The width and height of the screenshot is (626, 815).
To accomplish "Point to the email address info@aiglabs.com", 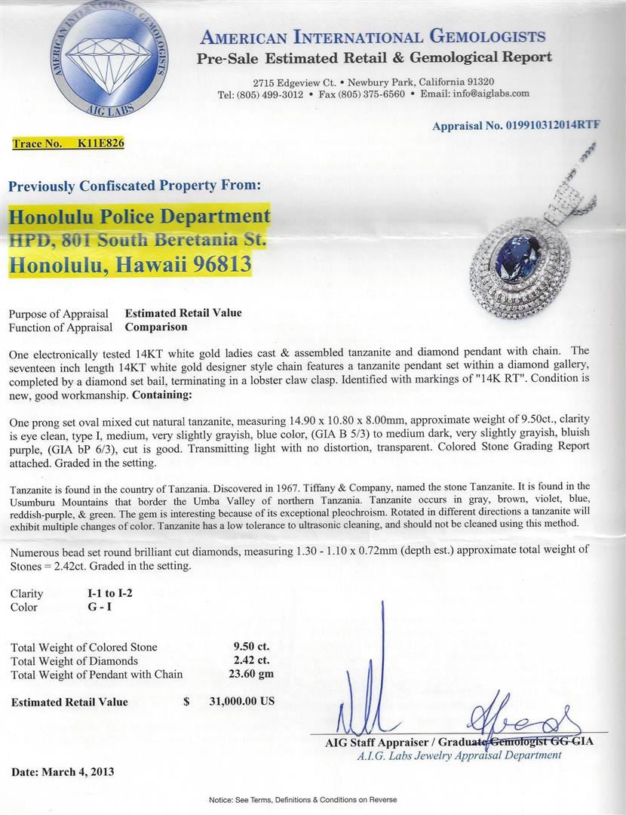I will click(492, 94).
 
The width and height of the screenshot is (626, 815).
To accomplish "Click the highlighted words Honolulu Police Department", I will click(140, 217).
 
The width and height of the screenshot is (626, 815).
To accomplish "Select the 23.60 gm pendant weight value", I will click(252, 674).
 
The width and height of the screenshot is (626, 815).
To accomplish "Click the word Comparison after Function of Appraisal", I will click(156, 328).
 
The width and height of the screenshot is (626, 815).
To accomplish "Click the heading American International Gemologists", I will click(373, 37).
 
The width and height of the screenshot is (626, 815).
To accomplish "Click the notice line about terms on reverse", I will click(312, 799).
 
